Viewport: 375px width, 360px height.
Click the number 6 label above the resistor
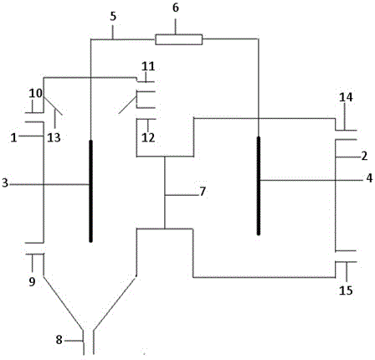pos(176,8)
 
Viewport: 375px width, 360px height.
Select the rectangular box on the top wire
pos(179,39)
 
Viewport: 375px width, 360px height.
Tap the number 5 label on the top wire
pos(113,17)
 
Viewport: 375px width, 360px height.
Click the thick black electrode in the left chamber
pos(90,191)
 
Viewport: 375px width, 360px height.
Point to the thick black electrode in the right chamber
pos(259,186)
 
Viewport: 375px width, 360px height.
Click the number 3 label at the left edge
pos(5,183)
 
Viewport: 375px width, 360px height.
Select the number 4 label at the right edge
pos(369,178)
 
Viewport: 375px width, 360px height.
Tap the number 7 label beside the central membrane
pos(203,192)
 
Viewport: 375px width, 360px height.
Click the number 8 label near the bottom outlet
pos(59,340)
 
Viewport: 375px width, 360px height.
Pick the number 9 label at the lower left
pos(32,282)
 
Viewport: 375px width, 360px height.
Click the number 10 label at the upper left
pos(36,93)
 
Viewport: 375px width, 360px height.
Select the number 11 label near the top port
pos(148,67)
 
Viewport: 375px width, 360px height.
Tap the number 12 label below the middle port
pos(148,137)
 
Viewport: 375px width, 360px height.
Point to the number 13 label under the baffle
pos(54,137)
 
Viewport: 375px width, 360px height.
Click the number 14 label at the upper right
pos(346,97)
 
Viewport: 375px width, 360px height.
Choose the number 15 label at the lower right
pos(346,291)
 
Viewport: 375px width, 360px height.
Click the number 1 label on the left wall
pos(13,138)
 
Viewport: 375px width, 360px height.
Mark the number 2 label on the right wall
pos(364,157)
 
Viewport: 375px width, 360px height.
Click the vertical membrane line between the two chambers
pos(165,193)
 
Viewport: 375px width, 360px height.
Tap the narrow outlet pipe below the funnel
pos(89,342)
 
